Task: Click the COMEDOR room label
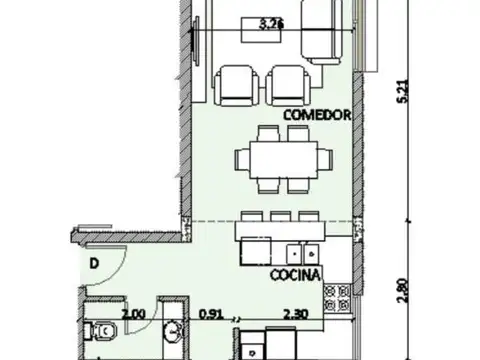[x=319, y=115]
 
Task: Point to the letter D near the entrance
[x=92, y=263]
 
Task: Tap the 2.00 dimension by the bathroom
[x=133, y=313]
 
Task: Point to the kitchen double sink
[x=305, y=253]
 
